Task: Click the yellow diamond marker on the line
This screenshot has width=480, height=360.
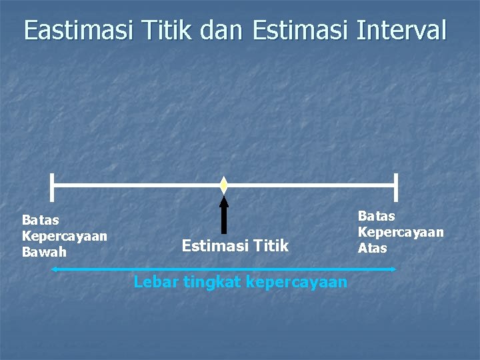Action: coord(224,185)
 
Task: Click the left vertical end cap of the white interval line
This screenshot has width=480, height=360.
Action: coord(52,186)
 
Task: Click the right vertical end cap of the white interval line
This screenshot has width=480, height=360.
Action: coord(396,186)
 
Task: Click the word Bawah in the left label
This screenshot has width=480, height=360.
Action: coord(45,252)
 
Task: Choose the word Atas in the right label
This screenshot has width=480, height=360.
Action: coord(372,248)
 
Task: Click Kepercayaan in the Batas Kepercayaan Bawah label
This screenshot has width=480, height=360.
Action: coord(65,236)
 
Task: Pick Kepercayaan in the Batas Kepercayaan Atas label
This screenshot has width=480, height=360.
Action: coord(401,232)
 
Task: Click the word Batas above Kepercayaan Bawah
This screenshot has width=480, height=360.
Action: coord(41,220)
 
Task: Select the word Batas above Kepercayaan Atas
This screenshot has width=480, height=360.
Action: coord(377,216)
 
